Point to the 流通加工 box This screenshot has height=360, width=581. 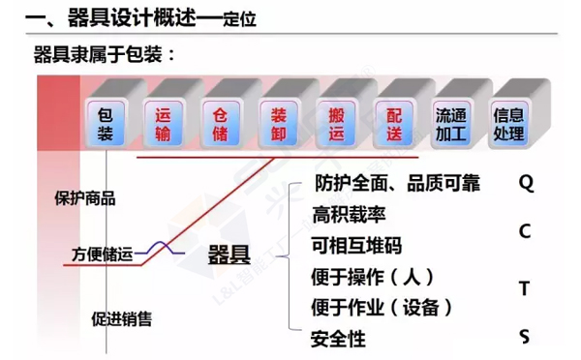tap(451, 123)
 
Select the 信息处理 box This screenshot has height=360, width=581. tap(508, 123)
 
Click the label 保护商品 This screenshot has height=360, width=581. tap(86, 198)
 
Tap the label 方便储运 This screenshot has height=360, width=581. tap(100, 255)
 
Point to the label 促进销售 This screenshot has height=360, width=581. tap(121, 318)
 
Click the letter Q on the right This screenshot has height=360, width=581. tap(526, 182)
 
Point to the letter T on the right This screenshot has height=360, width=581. tap(525, 288)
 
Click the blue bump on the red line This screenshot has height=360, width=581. tap(175, 249)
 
